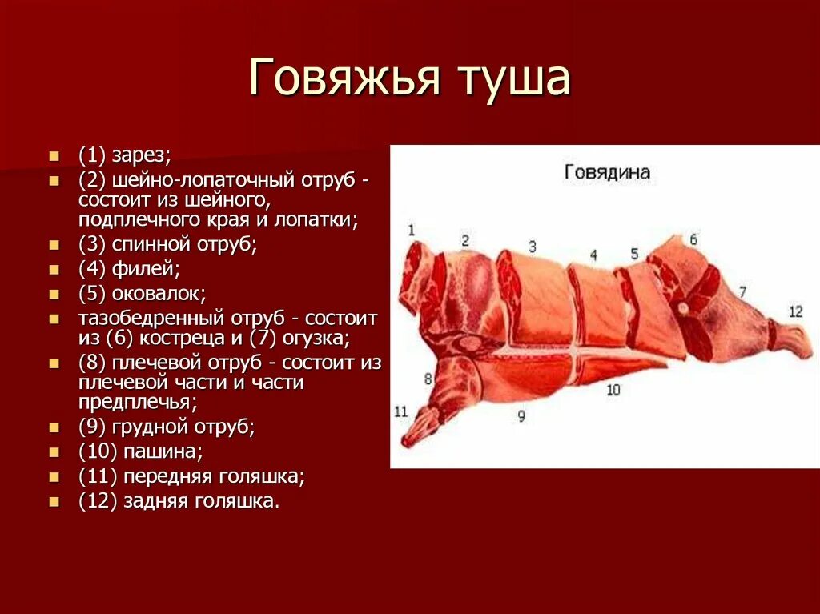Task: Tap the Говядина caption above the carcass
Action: (x=607, y=172)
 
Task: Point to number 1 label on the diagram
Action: (x=411, y=231)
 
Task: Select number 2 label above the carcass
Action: (x=464, y=240)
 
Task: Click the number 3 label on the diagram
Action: (x=532, y=246)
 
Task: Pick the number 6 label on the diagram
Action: (x=693, y=239)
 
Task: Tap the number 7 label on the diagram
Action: (x=742, y=291)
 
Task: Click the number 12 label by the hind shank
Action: (x=794, y=311)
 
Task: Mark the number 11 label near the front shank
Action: (x=401, y=411)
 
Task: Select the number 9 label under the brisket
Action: (x=521, y=415)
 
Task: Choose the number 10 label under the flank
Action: (x=613, y=390)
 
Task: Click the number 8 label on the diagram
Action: (x=428, y=378)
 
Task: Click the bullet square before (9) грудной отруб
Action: (x=54, y=427)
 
